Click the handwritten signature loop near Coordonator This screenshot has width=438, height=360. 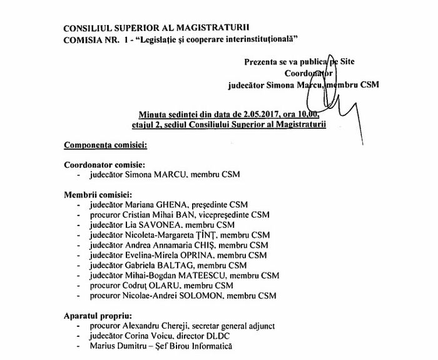[322, 84]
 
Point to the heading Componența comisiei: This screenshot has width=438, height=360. [106, 145]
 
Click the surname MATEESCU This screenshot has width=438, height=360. [201, 275]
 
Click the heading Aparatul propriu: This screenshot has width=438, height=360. [98, 316]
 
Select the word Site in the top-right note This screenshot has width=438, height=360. [347, 61]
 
